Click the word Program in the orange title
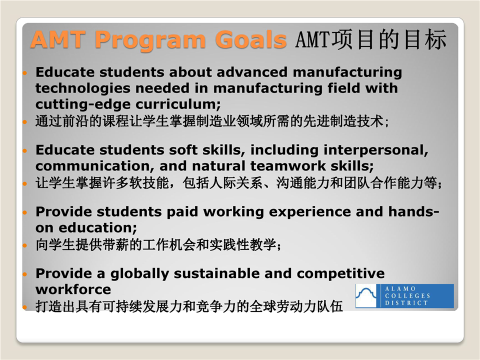point(150,40)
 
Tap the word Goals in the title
point(251,39)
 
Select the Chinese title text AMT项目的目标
point(370,39)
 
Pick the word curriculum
point(178,104)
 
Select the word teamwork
point(288,166)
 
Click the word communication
point(95,166)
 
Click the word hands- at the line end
point(413,211)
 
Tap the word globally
point(139,274)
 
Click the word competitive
point(340,274)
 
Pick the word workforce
point(73,289)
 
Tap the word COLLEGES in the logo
point(407,296)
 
